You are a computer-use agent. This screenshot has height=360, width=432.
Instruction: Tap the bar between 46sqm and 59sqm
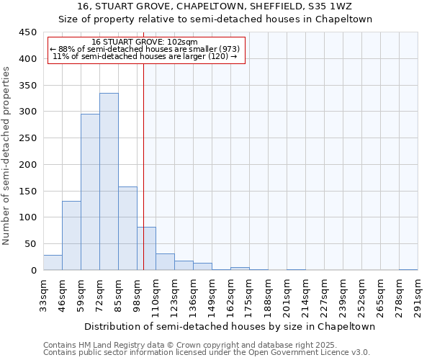coord(71,235)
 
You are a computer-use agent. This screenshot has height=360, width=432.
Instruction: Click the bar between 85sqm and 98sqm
coord(127,228)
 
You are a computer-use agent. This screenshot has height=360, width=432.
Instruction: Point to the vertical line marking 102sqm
coord(143,166)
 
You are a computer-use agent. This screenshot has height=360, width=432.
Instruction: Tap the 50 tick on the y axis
coord(31,243)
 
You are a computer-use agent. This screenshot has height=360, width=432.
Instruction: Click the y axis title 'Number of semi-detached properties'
coord(7,155)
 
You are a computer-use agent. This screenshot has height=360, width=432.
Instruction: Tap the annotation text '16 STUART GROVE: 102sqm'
coord(145,42)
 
